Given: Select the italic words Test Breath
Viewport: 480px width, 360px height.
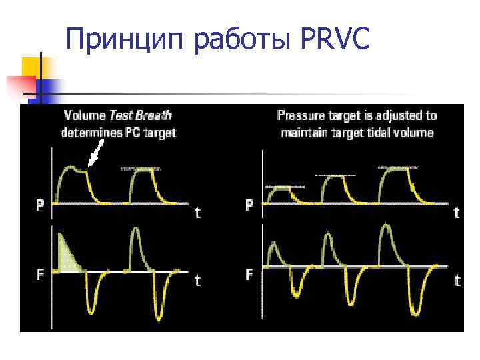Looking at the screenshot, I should pos(140,116).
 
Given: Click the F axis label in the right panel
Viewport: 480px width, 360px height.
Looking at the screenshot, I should pos(249,274).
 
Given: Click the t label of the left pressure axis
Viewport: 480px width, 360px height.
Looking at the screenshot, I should pos(197,213).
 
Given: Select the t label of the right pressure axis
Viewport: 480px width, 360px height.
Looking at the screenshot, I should pos(457,213).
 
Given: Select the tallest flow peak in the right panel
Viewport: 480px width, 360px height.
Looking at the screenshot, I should pos(386,230).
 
